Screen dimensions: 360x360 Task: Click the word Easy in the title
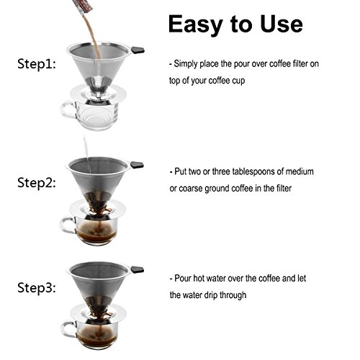195,24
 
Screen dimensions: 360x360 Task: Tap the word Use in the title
282,24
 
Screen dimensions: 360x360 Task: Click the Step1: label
37,64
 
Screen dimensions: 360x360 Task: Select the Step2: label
37,183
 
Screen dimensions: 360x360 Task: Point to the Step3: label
37,287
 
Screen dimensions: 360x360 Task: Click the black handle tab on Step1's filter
138,50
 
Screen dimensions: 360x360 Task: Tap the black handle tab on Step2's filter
137,165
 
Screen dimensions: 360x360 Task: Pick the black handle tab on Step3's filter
137,269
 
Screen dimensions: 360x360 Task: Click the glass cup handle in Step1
68,110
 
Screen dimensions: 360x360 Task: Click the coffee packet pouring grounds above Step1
82,6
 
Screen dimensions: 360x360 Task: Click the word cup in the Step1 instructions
238,81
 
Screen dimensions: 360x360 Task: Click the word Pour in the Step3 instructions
183,279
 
